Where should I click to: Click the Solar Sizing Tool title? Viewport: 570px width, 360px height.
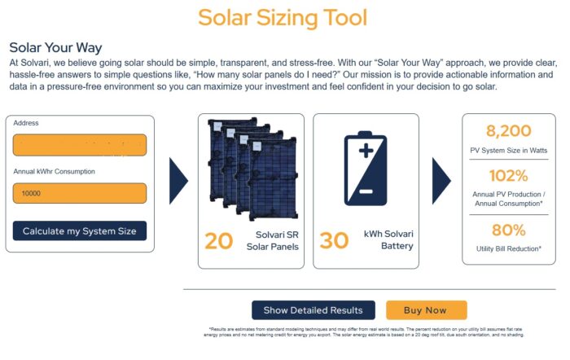(283, 18)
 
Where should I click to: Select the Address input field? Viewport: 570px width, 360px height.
(80, 145)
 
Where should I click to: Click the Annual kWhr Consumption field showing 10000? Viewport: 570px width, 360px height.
(80, 194)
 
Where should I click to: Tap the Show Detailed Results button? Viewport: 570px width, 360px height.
(313, 310)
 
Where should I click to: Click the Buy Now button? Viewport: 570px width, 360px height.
(426, 310)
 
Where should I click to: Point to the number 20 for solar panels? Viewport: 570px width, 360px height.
(218, 240)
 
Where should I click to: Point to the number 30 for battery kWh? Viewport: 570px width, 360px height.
(334, 240)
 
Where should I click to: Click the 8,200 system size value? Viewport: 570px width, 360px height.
(508, 131)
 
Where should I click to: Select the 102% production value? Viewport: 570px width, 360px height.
(508, 176)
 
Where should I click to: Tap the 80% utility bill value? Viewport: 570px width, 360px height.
(508, 230)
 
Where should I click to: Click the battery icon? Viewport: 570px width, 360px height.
(366, 171)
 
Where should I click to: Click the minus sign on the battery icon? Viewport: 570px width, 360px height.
(366, 192)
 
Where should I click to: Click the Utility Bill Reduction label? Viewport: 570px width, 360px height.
(508, 248)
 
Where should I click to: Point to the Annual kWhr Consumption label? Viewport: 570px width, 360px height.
(55, 172)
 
